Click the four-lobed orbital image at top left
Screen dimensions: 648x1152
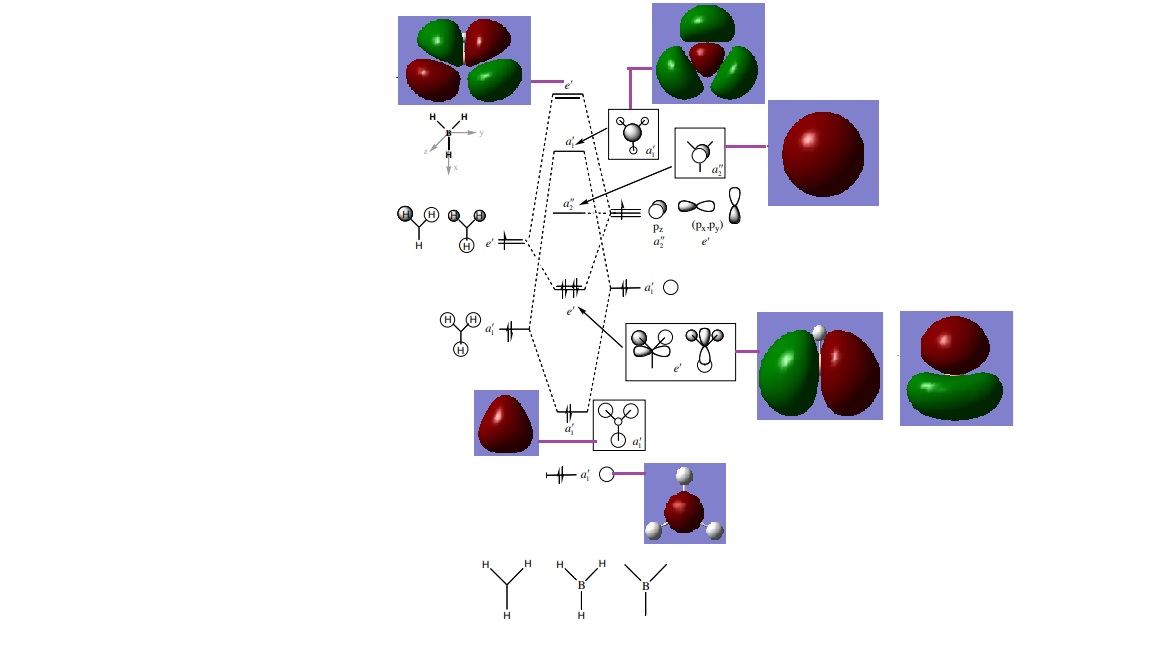[x=464, y=60]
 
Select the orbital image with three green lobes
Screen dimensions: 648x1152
[x=708, y=53]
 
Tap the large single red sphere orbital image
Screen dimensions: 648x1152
[x=823, y=153]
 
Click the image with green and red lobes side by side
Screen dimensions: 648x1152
[x=820, y=366]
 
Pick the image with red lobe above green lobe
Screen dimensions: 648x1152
[x=956, y=368]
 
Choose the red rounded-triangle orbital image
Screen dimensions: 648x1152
[x=506, y=423]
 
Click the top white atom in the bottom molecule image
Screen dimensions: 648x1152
[x=684, y=475]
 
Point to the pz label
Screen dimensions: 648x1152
[x=658, y=229]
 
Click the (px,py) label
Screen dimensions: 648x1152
[x=708, y=226]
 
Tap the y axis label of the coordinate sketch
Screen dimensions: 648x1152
[x=482, y=132]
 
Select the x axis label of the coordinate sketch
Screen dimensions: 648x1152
[x=456, y=168]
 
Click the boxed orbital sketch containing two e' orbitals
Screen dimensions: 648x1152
[x=680, y=351]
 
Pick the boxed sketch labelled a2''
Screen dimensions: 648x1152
[x=699, y=153]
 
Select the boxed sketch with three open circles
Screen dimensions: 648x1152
[x=619, y=425]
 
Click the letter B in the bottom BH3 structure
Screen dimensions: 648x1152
[x=581, y=585]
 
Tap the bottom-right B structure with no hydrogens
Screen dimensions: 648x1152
[x=646, y=587]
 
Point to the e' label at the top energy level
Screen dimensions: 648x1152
[x=569, y=86]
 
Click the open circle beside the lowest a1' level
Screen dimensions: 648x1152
[x=606, y=474]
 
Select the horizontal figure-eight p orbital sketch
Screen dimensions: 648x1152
[x=699, y=206]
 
